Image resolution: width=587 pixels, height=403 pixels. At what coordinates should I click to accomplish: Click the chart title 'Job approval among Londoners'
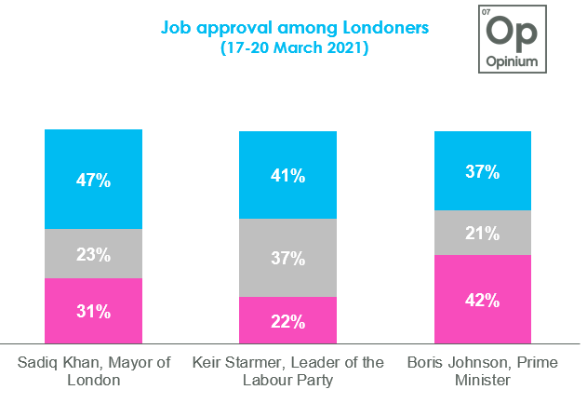click(x=295, y=28)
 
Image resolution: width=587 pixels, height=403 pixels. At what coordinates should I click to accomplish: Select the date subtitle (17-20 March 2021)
click(x=295, y=48)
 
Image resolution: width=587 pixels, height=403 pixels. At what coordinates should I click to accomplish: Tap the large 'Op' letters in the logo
click(x=513, y=31)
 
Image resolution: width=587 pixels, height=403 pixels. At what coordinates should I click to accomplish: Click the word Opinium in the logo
click(x=513, y=61)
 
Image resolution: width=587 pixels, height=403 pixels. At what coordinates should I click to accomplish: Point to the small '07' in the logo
click(x=486, y=12)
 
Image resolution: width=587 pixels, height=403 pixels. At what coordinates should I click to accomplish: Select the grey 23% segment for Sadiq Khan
click(x=93, y=253)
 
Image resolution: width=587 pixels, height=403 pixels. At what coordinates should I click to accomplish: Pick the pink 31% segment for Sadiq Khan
click(x=93, y=310)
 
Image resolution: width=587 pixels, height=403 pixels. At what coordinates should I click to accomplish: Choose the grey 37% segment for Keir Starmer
click(x=288, y=258)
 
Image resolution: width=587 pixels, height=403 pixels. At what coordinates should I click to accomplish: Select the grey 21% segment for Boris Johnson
click(x=484, y=232)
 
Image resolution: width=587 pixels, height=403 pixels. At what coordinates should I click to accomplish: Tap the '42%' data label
click(x=484, y=301)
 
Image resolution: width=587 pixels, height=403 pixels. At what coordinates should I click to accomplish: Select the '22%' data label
click(x=288, y=322)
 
